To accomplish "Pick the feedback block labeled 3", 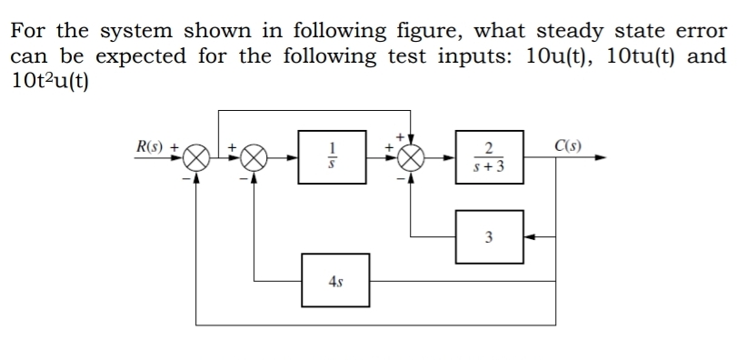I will (x=489, y=237).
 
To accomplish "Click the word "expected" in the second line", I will (x=145, y=56).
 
